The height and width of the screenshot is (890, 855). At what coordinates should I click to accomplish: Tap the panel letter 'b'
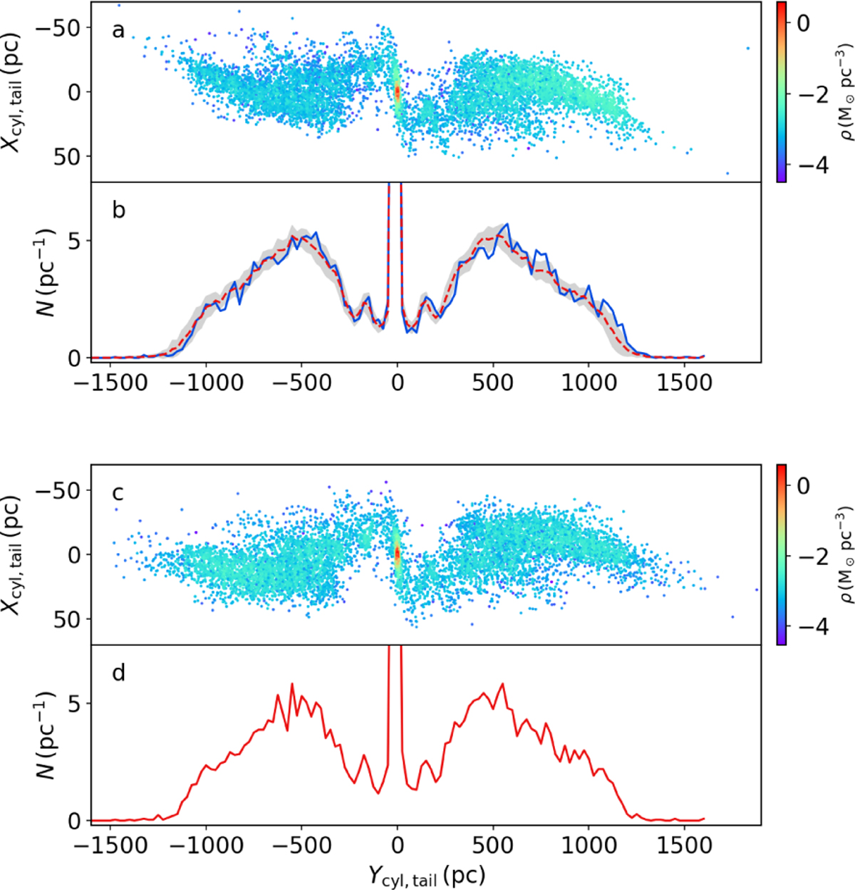[119, 211]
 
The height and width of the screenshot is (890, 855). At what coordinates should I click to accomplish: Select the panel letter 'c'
[118, 493]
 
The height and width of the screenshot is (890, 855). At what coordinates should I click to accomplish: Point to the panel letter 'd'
[119, 673]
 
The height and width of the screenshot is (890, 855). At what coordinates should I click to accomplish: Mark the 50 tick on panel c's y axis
[70, 619]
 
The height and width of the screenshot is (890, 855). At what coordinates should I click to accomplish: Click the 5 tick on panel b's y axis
[77, 241]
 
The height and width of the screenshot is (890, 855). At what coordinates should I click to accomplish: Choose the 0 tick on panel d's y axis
[77, 821]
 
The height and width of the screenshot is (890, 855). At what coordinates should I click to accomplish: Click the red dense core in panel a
[398, 93]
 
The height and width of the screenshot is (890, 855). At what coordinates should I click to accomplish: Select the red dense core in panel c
[398, 554]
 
